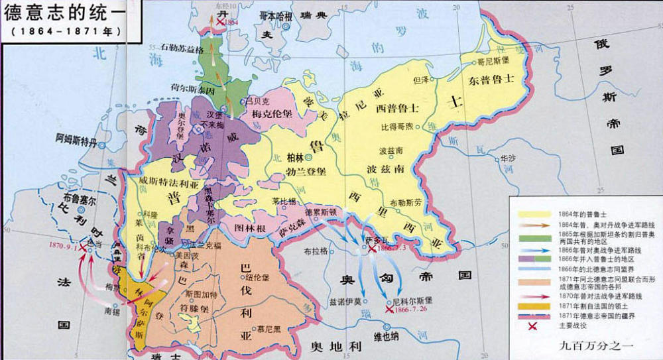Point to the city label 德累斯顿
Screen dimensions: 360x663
pyautogui.click(x=321, y=211)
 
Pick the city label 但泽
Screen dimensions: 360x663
pyautogui.click(x=421, y=80)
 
